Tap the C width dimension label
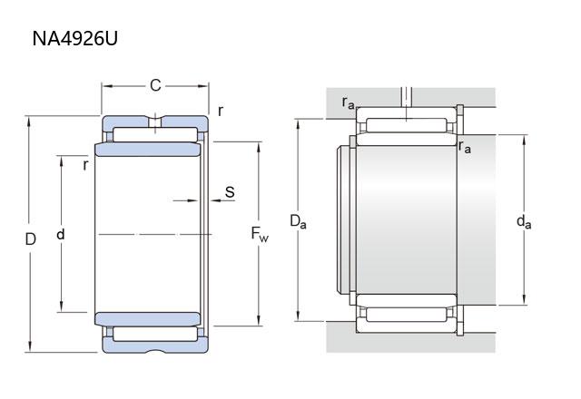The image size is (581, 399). (155, 85)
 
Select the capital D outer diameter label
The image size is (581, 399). (30, 239)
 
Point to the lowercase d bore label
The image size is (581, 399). (61, 234)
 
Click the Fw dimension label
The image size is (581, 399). (260, 234)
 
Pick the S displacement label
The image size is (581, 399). (230, 192)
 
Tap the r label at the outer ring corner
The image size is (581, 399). (221, 111)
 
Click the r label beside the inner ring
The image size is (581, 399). (84, 164)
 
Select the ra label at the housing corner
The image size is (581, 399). (349, 102)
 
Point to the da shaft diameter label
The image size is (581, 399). (523, 220)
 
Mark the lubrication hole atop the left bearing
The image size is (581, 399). (155, 121)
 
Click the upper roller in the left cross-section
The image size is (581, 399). (155, 135)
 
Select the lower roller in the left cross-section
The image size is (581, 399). (155, 333)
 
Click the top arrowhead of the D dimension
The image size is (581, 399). (30, 121)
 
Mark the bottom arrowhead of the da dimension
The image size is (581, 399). (526, 300)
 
